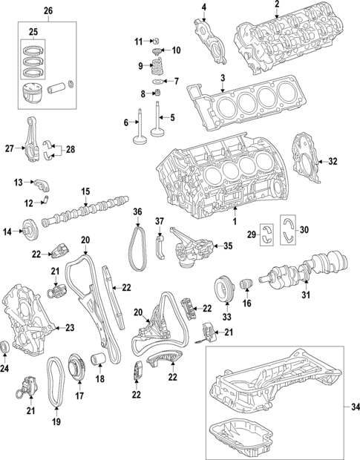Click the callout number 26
click(x=48, y=11)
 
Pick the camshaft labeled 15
click(x=85, y=211)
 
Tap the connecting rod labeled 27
click(x=33, y=148)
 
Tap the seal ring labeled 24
click(x=7, y=346)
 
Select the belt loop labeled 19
click(x=56, y=382)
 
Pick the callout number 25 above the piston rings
click(x=32, y=32)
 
